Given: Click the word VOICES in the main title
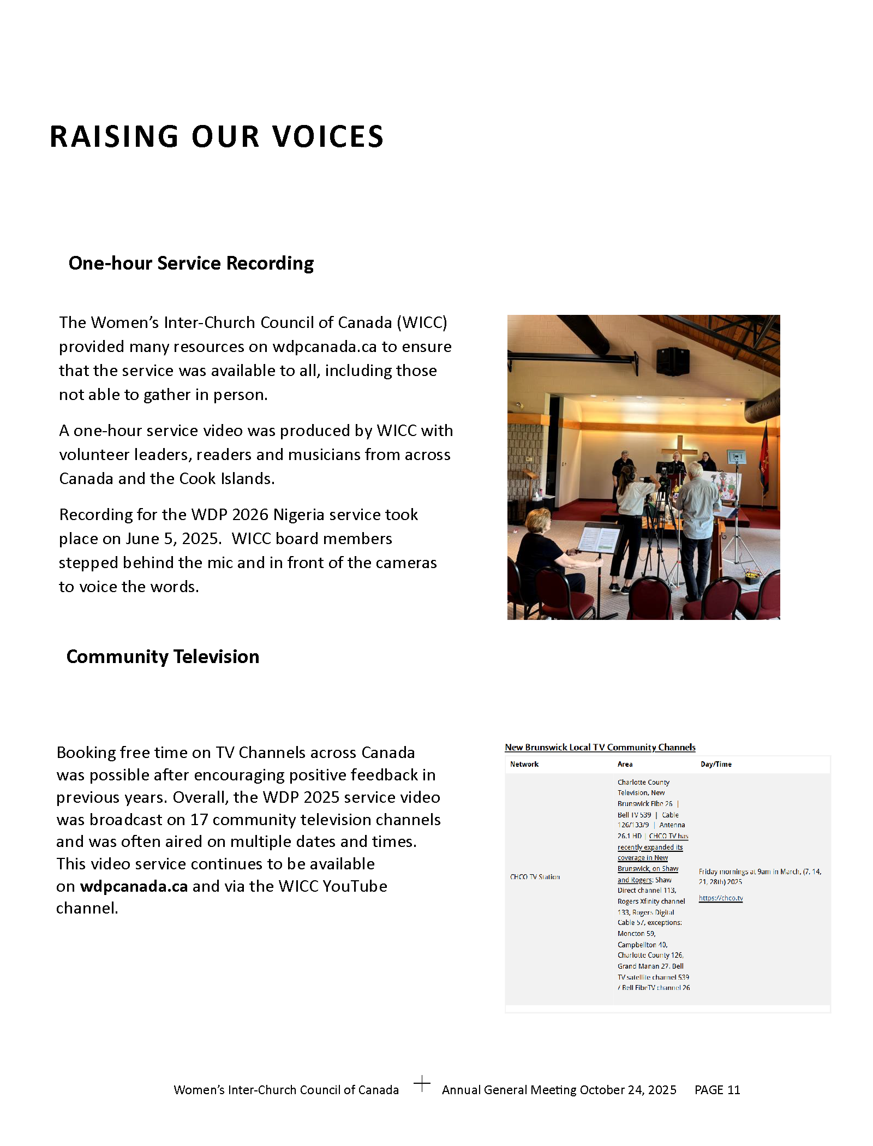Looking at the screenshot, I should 328,136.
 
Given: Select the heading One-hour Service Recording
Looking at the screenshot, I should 191,263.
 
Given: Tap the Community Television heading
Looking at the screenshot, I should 163,656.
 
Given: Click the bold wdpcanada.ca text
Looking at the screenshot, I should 134,886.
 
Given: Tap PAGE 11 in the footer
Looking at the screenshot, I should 717,1090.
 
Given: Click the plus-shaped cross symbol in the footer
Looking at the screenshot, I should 422,1083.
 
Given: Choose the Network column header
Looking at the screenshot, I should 524,764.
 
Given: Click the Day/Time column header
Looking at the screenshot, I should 716,764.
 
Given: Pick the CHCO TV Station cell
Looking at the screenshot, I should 535,877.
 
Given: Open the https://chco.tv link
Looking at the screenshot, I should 721,898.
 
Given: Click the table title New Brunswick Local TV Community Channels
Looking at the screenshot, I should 600,747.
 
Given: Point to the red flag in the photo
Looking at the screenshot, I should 764,464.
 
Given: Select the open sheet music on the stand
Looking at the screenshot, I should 599,538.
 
